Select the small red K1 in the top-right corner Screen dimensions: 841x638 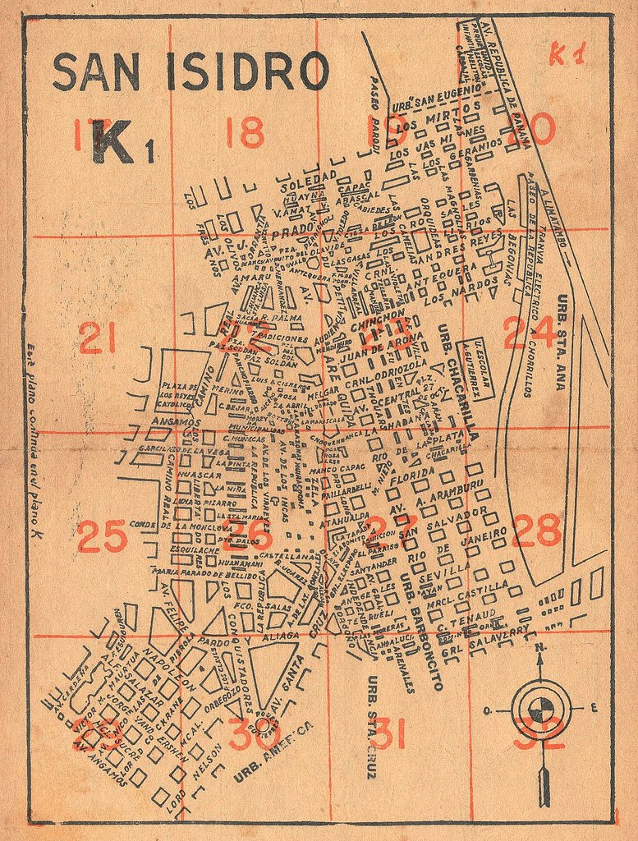pos(567,54)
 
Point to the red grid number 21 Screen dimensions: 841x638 pos(97,338)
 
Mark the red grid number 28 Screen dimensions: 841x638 pos(536,531)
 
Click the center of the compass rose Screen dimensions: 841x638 pos(540,707)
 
